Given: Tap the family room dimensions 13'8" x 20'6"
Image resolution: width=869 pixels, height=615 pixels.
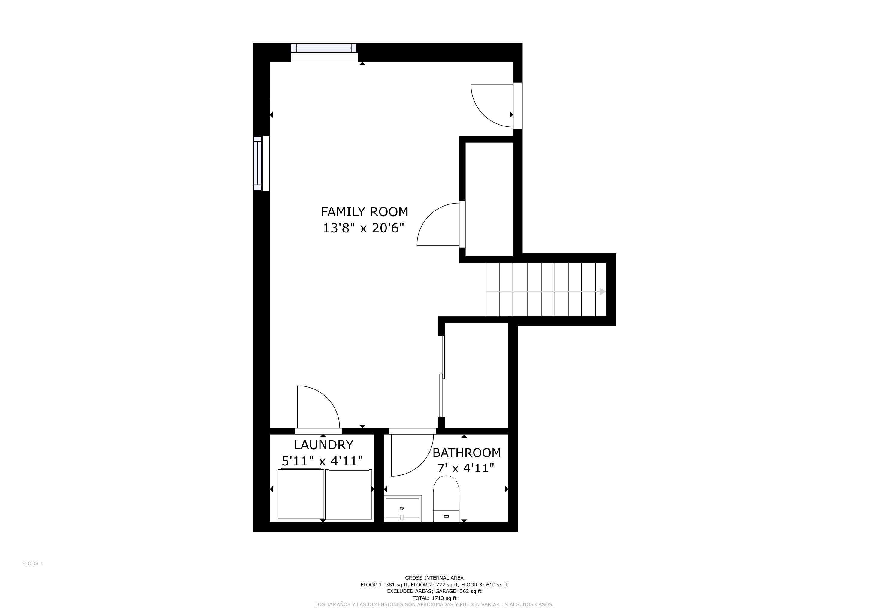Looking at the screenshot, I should [363, 228].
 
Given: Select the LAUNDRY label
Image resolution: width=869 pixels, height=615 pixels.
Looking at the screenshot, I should [323, 445].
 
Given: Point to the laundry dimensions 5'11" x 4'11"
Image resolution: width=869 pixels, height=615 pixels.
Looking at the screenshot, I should [323, 461].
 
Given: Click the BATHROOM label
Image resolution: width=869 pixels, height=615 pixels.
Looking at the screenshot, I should [466, 453].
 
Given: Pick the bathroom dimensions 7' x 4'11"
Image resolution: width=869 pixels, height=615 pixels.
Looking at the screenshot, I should [465, 468].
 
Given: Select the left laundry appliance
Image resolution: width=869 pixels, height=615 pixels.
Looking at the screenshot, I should [301, 494].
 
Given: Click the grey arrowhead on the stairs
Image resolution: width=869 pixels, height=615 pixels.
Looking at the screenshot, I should [603, 292].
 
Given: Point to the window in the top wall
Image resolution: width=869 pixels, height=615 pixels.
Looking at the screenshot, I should [324, 48].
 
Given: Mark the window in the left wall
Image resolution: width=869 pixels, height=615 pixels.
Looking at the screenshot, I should [258, 163].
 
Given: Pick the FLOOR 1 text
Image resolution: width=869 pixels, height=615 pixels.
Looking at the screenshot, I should [32, 563].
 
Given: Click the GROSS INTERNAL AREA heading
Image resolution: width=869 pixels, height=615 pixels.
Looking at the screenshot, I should [434, 578].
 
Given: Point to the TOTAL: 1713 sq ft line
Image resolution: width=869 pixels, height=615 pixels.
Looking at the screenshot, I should [434, 598].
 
